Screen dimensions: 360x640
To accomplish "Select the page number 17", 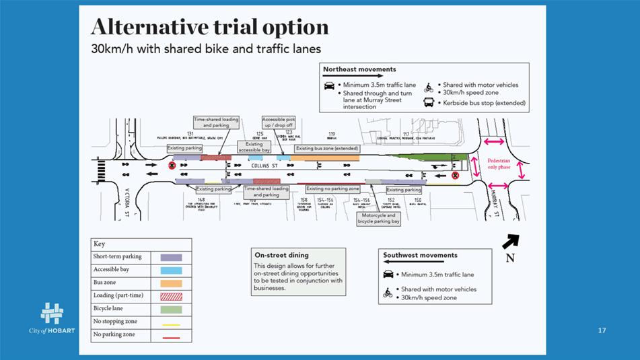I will tap(602, 330).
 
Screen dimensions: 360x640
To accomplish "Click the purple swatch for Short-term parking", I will tap(171, 257).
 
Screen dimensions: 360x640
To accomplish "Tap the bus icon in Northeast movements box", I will tap(428, 103).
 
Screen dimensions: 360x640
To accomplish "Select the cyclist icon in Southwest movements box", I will tap(388, 293).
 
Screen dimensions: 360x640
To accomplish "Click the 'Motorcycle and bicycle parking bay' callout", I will tap(378, 219).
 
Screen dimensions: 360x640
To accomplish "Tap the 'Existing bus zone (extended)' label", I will tap(327, 148).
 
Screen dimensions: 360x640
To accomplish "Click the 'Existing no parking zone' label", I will tap(333, 189).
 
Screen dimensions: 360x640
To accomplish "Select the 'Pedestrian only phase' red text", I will tap(499, 164).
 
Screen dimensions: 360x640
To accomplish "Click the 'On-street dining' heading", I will tap(282, 256).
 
